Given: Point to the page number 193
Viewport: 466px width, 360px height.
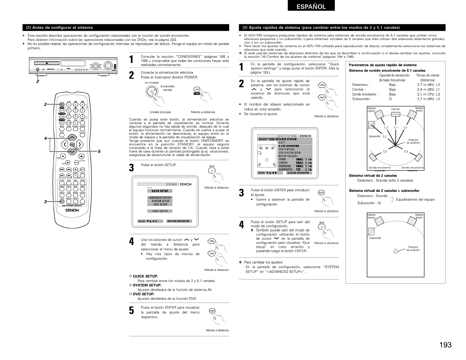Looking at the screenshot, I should [445, 345].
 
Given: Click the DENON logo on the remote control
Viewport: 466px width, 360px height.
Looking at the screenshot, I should [72, 210].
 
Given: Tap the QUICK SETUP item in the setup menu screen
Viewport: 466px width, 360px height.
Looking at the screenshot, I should [160, 191].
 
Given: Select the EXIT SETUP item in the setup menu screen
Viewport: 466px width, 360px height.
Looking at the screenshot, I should [160, 211].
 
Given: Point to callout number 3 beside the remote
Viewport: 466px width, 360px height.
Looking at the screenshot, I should [45, 202].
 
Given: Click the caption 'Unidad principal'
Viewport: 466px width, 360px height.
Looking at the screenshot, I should [160, 112].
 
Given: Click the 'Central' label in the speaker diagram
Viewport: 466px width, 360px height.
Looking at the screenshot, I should [396, 109].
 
